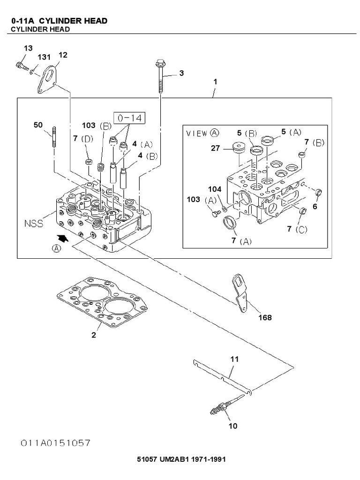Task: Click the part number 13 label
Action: pos(28,48)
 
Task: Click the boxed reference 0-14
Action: pos(129,117)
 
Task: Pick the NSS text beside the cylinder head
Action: pos(34,224)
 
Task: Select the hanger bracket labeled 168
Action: pos(240,293)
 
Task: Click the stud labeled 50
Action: pos(54,136)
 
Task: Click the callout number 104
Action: pos(215,189)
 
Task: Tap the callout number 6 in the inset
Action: pos(315,206)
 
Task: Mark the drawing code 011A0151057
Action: pos(55,442)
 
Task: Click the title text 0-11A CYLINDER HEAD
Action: pos(59,21)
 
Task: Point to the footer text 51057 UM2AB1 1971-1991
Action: pos(181,459)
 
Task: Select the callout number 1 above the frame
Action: pos(215,82)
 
